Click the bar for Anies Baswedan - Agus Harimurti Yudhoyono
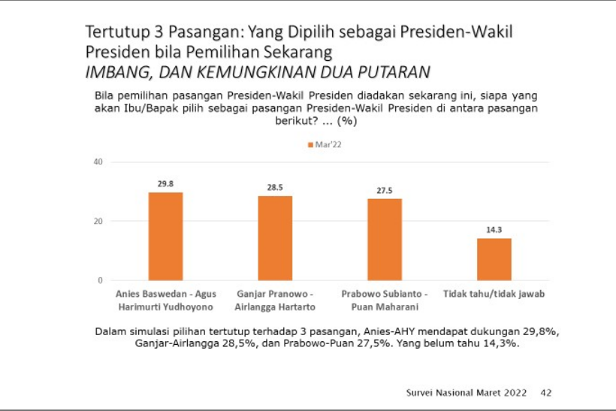pos(165,237)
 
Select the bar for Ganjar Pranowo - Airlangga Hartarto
pos(275,238)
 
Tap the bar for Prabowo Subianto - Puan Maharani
pos(385,240)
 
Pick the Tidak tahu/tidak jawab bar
pos(494,259)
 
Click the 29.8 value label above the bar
pos(165,183)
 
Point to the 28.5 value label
pos(275,187)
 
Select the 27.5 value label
pos(385,190)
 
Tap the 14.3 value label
pos(494,230)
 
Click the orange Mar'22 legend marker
pos(309,145)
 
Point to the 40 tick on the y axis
pos(98,162)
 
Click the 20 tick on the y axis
pos(98,221)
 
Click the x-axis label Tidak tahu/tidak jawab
pos(494,294)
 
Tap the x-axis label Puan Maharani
pos(385,307)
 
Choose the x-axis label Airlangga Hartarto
pos(275,307)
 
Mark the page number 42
pos(546,392)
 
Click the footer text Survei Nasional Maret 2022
pos(466,392)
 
